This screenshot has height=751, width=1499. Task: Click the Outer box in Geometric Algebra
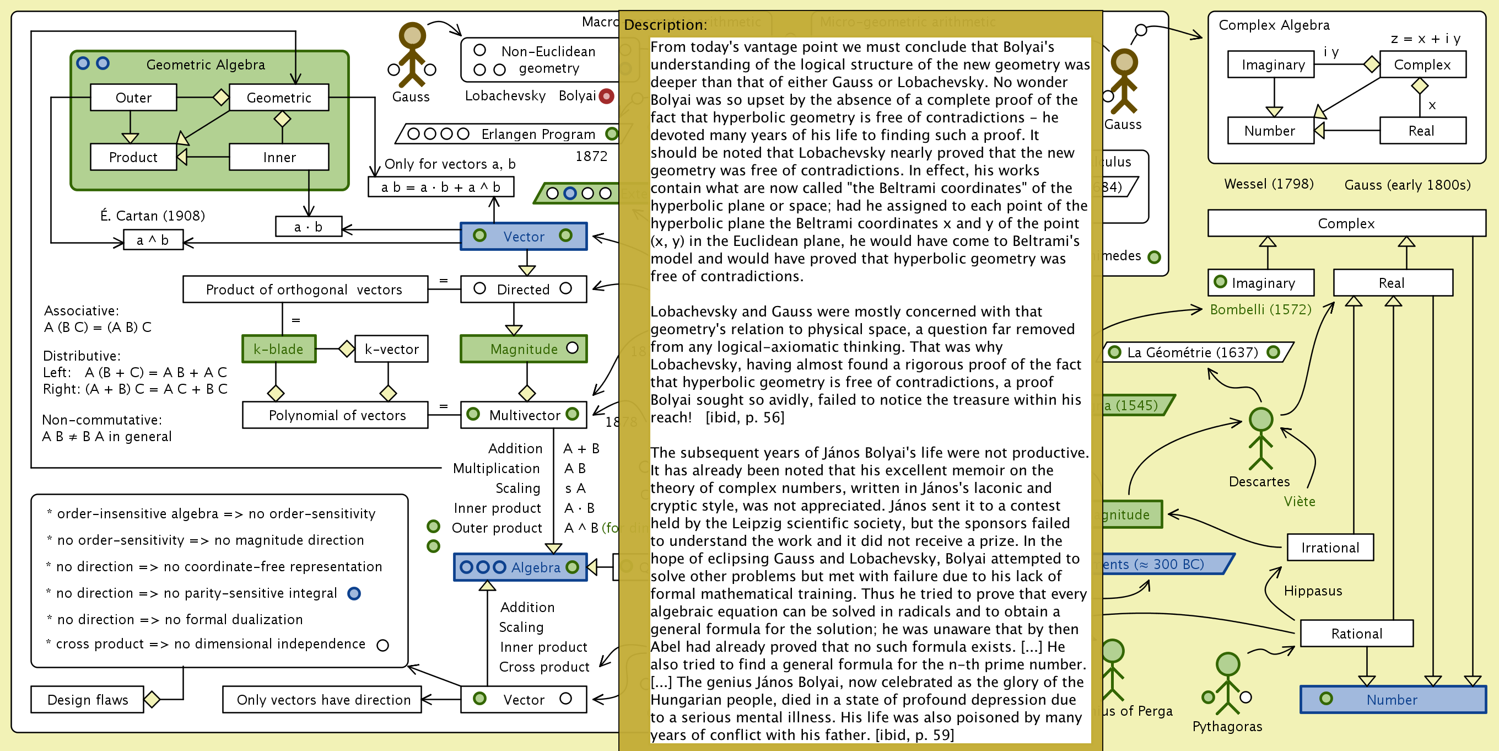(133, 97)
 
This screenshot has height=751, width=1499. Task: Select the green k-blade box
(279, 348)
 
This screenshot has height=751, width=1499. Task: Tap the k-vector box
(391, 348)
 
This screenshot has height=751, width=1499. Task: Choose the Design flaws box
(87, 699)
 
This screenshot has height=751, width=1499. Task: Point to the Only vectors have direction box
(322, 699)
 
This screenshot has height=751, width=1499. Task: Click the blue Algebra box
(520, 567)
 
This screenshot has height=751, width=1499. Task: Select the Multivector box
(524, 415)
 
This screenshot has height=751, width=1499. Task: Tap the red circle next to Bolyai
(606, 96)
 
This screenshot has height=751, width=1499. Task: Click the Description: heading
(665, 25)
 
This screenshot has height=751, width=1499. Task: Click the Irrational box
(1330, 547)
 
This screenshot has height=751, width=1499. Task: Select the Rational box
(1356, 633)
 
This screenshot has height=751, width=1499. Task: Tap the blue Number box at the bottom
(1392, 699)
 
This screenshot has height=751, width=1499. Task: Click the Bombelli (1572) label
(1260, 309)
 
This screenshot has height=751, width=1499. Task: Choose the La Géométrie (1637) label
(1193, 352)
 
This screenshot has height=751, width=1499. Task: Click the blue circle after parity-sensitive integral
(354, 593)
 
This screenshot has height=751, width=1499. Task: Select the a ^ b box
(153, 240)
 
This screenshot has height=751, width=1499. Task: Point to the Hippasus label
(1313, 591)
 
